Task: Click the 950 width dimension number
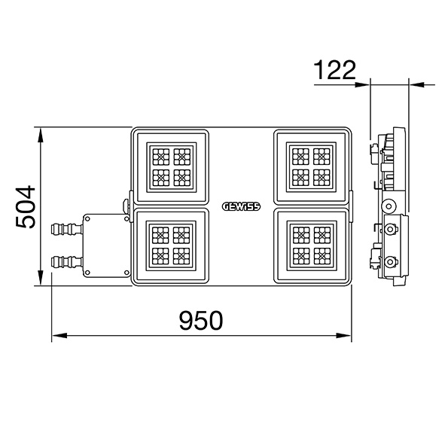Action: coord(201,321)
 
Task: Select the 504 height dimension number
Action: coord(26,207)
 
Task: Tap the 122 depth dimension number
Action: coord(334,70)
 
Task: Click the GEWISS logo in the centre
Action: coord(241,206)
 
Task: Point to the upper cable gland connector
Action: coord(67,229)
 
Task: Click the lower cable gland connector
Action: coord(67,262)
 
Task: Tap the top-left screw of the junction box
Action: coord(87,219)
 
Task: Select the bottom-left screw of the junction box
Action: coord(87,273)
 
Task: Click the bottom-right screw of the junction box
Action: coord(126,273)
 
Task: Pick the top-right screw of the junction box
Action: coord(126,219)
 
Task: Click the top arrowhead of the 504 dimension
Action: coord(41,135)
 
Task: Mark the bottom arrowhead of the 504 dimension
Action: coord(41,278)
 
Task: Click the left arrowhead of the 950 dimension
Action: coord(59,336)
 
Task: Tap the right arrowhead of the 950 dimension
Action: coord(343,336)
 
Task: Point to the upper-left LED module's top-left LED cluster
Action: coord(161,157)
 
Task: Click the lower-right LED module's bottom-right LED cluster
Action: coord(322,256)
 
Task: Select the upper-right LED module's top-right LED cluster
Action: coord(322,157)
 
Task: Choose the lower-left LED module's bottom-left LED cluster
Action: coord(160,256)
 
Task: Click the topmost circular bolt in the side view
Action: coord(388,206)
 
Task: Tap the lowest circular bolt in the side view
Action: coord(390,262)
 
